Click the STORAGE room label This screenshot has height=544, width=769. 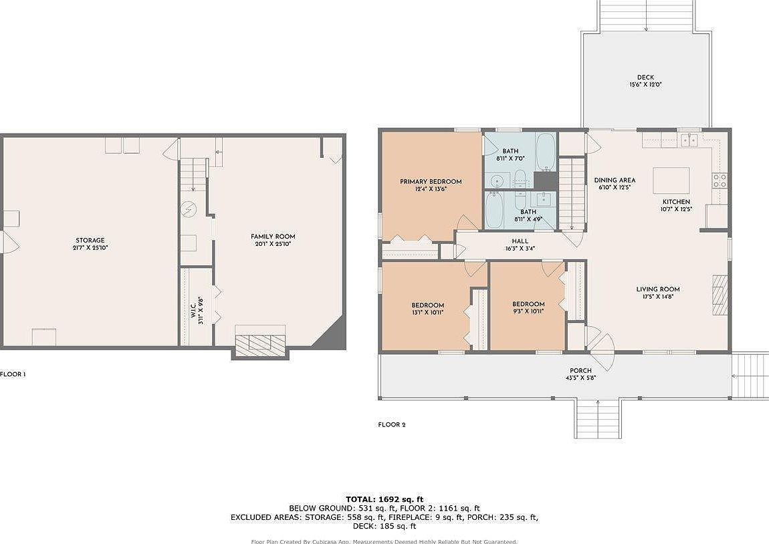coord(90,241)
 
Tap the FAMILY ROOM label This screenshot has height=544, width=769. coord(273,237)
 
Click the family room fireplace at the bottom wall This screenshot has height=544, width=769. coord(260,342)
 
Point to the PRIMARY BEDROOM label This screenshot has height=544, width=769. coord(431,182)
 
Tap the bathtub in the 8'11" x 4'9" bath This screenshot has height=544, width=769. coord(496,209)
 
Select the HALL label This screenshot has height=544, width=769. coord(520,241)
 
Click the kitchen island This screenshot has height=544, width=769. coord(671,180)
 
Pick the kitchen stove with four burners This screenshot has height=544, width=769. coord(720,180)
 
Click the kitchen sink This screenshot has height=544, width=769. coord(689,140)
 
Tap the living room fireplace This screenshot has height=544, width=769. coord(720,294)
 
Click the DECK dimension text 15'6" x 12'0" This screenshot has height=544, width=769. coord(645,85)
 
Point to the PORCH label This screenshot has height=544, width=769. coord(580,371)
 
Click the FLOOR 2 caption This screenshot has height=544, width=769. coord(392,425)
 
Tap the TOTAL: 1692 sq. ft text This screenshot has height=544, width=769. coord(384,499)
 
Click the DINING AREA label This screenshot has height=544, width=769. coord(615,180)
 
